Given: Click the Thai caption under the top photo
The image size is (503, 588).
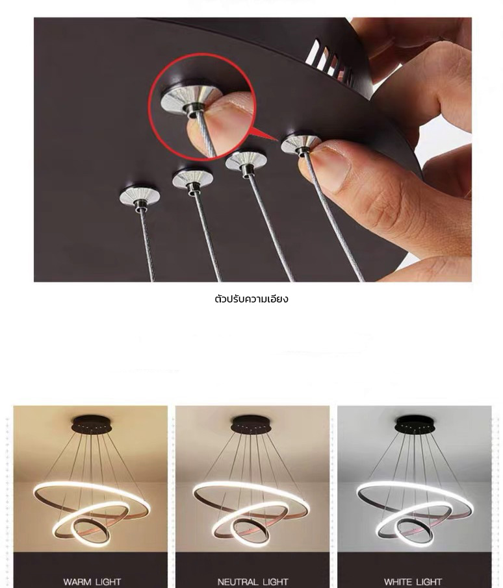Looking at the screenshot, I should click(x=251, y=299).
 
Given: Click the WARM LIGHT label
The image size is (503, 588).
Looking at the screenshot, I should click(x=92, y=582).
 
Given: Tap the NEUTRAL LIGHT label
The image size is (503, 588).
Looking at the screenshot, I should click(x=252, y=582).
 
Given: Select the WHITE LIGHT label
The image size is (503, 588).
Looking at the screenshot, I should click(x=413, y=582).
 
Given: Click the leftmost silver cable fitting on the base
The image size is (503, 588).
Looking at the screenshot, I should click(x=140, y=195).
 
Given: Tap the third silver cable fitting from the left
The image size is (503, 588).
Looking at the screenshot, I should click(x=245, y=162).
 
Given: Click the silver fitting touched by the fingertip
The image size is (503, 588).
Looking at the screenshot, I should click(x=300, y=143).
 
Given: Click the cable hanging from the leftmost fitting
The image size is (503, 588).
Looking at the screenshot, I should click(x=147, y=247).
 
